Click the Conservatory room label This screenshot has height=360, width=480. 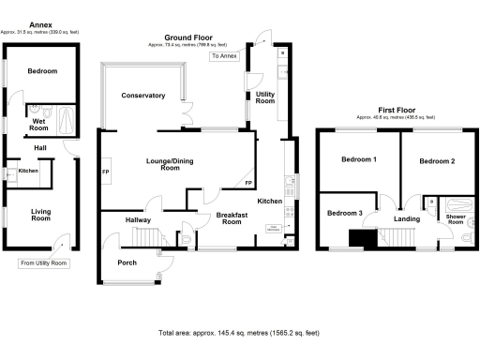pos(142,96)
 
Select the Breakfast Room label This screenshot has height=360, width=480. pos(231,218)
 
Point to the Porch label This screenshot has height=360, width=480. pos(127,262)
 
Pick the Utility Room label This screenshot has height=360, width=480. pos(265,97)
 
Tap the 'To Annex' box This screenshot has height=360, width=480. pos(225,56)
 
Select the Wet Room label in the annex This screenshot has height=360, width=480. pos(38,122)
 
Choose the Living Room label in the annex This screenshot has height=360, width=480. pos(40,214)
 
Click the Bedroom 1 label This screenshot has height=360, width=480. pos(361,160)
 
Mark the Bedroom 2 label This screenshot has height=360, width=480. pos(437,161)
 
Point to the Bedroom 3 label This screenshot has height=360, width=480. pos(344,214)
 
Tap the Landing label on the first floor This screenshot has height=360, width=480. pos(407,219)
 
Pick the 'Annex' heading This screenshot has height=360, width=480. pos(40,23)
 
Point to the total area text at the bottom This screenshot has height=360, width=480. pos(239,333)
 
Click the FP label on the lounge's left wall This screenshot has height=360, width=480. pos(105,173)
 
